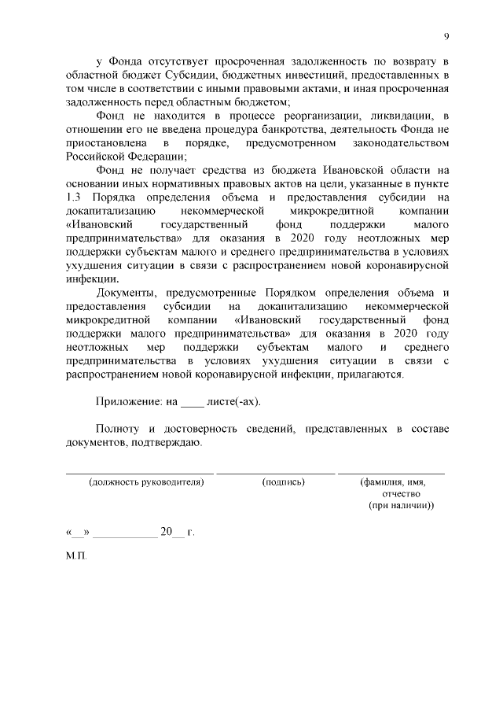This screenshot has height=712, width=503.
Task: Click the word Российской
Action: [97, 158]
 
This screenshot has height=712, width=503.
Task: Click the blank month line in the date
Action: [125, 533]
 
